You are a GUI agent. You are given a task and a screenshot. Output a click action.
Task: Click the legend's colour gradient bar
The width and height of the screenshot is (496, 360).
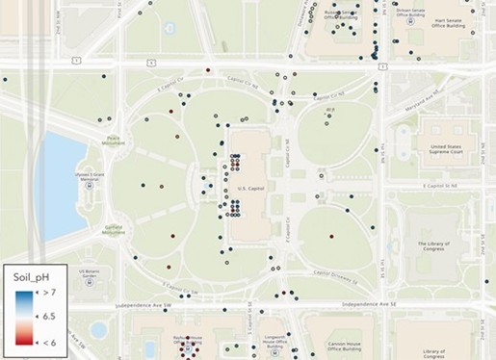point(28,315)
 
